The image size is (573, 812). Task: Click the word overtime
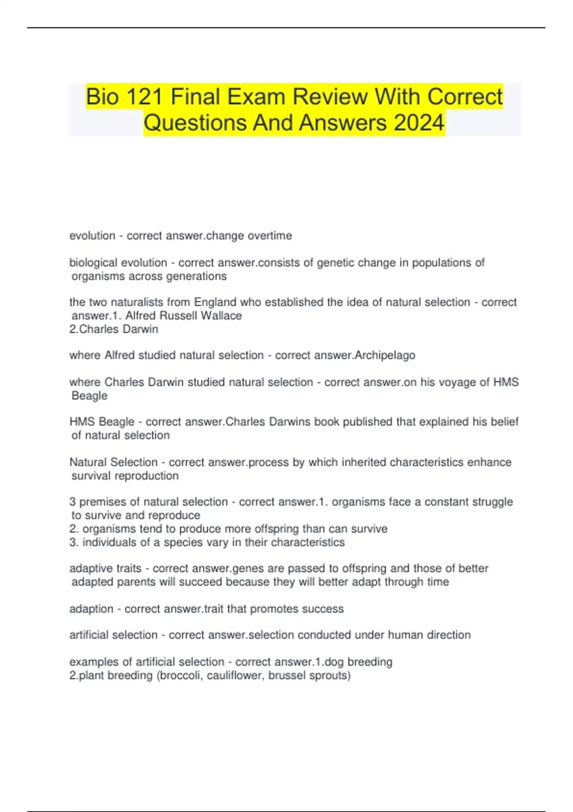(x=270, y=235)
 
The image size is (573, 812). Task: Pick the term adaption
(x=91, y=609)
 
